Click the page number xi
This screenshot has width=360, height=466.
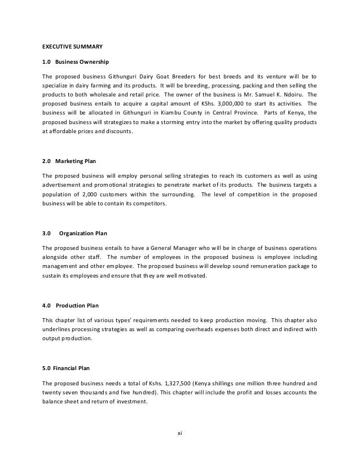(x=179, y=433)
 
